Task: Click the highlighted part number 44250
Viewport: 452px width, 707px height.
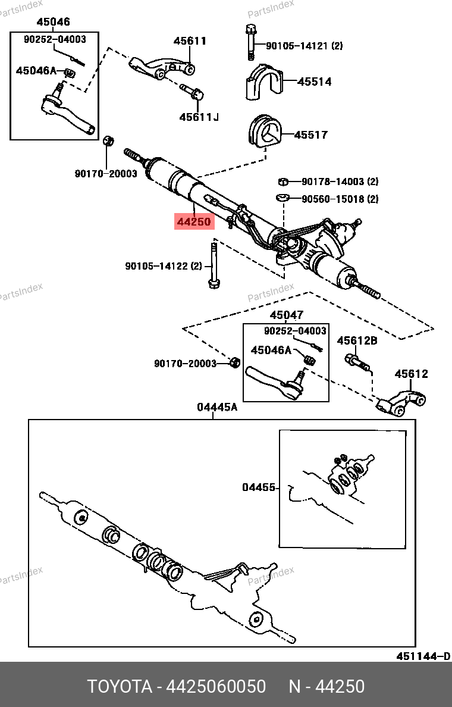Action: coord(193,222)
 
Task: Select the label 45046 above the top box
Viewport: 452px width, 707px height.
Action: coord(53,22)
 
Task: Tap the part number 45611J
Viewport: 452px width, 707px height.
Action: coord(199,117)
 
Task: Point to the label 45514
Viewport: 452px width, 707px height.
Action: coord(314,82)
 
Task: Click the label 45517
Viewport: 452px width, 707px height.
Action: coord(310,135)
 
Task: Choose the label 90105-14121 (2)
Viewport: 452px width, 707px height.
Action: coord(304,46)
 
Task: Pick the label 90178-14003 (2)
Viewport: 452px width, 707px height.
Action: coord(340,182)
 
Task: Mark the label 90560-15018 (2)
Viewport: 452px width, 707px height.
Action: coord(340,199)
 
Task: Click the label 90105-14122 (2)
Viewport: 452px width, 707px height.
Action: coord(164,266)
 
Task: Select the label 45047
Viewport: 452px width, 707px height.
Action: coord(286,315)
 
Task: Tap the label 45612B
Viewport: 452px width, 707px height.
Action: coord(357,341)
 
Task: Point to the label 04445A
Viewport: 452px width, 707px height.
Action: coord(217,407)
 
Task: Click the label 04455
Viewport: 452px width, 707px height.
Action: coord(259,487)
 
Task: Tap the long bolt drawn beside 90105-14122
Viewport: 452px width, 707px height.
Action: coord(213,265)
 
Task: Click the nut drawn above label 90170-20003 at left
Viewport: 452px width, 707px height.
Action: coord(108,142)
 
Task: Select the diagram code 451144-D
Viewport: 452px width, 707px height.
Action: coord(423,656)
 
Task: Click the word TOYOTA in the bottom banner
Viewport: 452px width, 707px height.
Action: coord(120,687)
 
